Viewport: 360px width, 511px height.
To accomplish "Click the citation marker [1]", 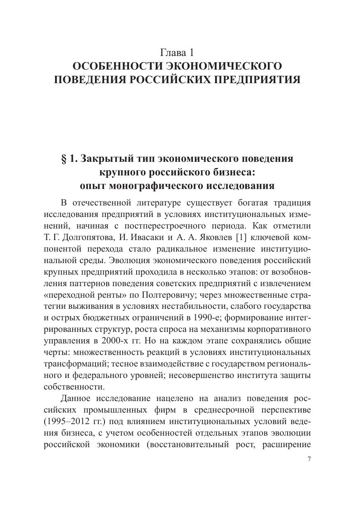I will click(x=242, y=238).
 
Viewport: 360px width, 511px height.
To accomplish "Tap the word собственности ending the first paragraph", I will click(x=74, y=387).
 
